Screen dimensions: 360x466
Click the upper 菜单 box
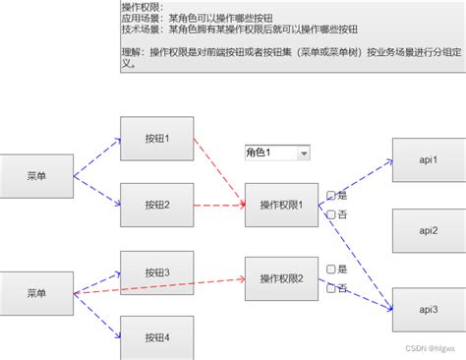tap(36, 176)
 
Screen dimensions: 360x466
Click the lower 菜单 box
tap(36, 293)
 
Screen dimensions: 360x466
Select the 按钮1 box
tap(156, 139)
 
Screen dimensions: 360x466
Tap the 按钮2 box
tap(156, 205)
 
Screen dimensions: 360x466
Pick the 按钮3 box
tap(156, 272)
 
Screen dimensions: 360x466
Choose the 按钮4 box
tap(156, 336)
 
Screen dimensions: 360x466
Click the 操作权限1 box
tap(282, 205)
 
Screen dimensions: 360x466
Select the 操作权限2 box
tap(282, 278)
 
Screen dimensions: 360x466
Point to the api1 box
tap(428, 160)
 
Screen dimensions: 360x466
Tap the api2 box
tap(428, 230)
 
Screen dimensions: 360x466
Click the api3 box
tap(428, 309)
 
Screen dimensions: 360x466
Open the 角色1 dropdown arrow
tap(303, 152)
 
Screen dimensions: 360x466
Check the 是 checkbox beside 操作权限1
tap(332, 195)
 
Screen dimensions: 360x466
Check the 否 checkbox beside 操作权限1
tap(332, 213)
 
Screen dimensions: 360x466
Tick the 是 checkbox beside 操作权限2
tap(332, 269)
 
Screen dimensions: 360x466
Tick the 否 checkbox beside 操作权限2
tap(332, 287)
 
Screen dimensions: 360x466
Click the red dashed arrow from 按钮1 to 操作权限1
tap(218, 167)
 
